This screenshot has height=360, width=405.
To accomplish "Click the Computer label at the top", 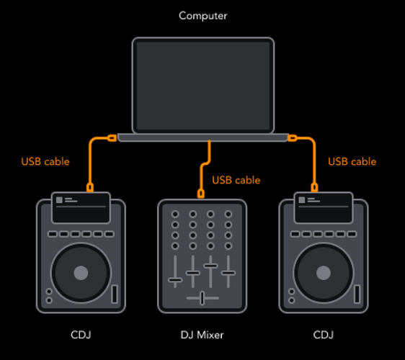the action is pyautogui.click(x=203, y=16).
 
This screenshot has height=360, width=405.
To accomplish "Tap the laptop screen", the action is pyautogui.click(x=203, y=86).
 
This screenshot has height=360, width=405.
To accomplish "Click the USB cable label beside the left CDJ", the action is pyautogui.click(x=45, y=161).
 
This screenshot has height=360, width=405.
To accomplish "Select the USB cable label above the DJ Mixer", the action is pyautogui.click(x=236, y=180).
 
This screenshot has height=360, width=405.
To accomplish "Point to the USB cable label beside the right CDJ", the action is pyautogui.click(x=352, y=161).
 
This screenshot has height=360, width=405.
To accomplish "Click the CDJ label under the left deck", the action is pyautogui.click(x=81, y=335).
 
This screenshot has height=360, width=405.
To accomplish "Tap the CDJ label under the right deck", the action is pyautogui.click(x=324, y=335).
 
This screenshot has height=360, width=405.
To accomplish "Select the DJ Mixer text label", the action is pyautogui.click(x=202, y=335).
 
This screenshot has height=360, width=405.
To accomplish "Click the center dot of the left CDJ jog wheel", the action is pyautogui.click(x=81, y=273).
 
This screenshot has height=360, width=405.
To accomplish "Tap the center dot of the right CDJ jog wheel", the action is pyautogui.click(x=324, y=273).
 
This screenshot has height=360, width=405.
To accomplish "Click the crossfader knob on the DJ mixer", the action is pyautogui.click(x=202, y=298).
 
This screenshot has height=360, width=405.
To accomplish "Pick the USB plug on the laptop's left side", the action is pyautogui.click(x=112, y=138).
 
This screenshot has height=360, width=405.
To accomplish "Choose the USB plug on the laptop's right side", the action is pyautogui.click(x=293, y=138).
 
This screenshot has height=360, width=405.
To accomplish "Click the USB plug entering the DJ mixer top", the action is pyautogui.click(x=201, y=194).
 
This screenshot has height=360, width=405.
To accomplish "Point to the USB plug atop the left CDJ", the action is pyautogui.click(x=90, y=187).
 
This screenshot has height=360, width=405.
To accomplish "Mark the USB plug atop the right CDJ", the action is pyautogui.click(x=314, y=187).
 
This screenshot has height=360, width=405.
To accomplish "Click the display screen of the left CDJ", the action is pyautogui.click(x=81, y=208).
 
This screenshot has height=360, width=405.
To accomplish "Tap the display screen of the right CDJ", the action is pyautogui.click(x=324, y=208).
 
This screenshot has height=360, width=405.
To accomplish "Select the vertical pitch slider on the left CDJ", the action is pyautogui.click(x=115, y=294).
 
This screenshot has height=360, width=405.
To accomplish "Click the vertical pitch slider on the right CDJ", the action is pyautogui.click(x=357, y=294).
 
